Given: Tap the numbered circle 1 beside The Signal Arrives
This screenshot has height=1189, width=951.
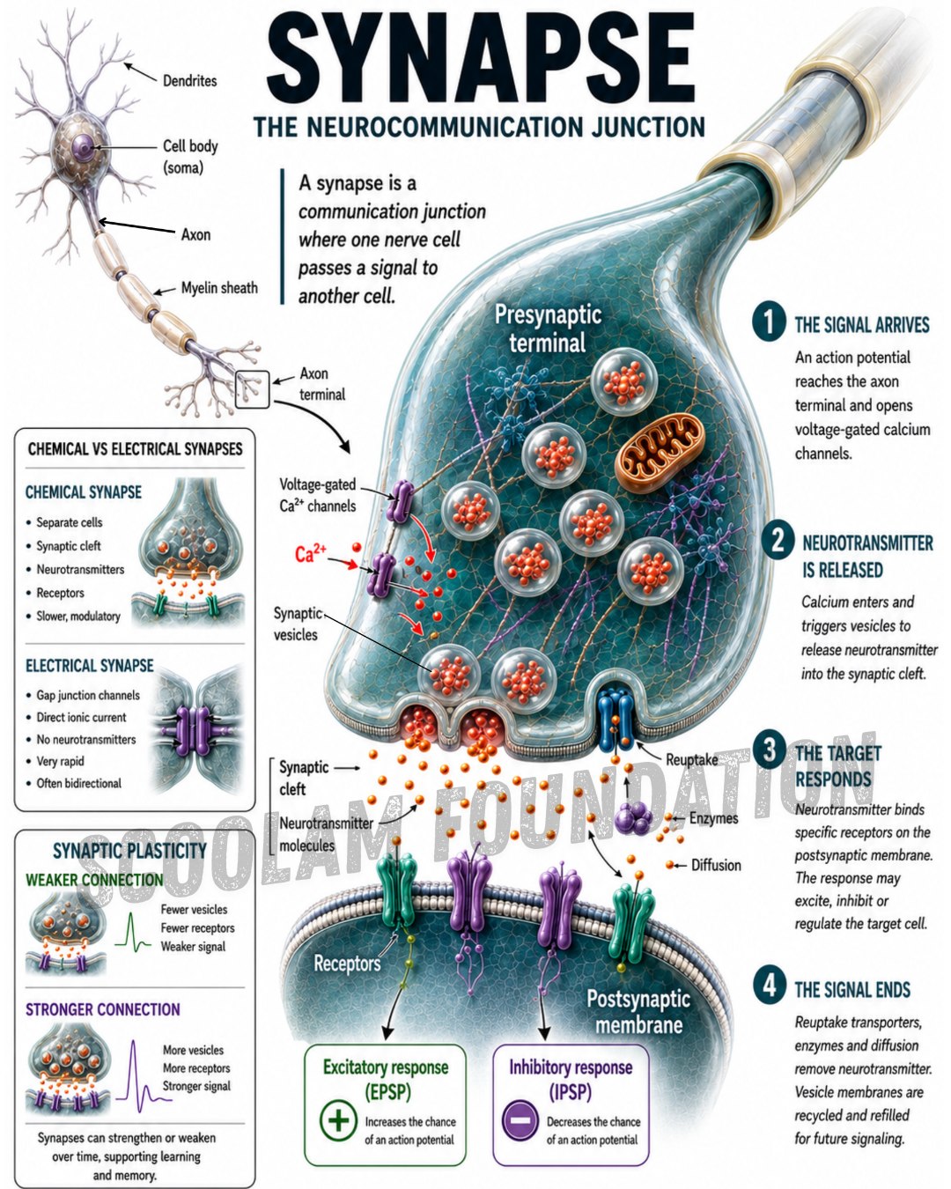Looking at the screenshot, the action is click(x=768, y=321).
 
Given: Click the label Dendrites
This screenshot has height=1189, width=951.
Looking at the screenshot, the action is click(x=189, y=81).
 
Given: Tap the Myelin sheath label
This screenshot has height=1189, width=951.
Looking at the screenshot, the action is click(x=219, y=288).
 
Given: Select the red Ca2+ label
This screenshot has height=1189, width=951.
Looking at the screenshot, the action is click(x=311, y=553).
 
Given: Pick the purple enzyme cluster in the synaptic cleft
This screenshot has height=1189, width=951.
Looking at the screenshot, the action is click(x=634, y=816).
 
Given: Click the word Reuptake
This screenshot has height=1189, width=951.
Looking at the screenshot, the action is click(x=691, y=760).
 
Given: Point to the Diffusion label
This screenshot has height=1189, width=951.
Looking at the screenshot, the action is click(x=716, y=865).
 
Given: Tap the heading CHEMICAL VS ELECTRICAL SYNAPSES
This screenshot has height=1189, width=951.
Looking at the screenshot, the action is click(x=135, y=448).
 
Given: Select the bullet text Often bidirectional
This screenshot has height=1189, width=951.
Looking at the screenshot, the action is click(x=79, y=783).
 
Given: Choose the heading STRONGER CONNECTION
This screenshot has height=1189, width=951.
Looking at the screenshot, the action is click(x=103, y=1009).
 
